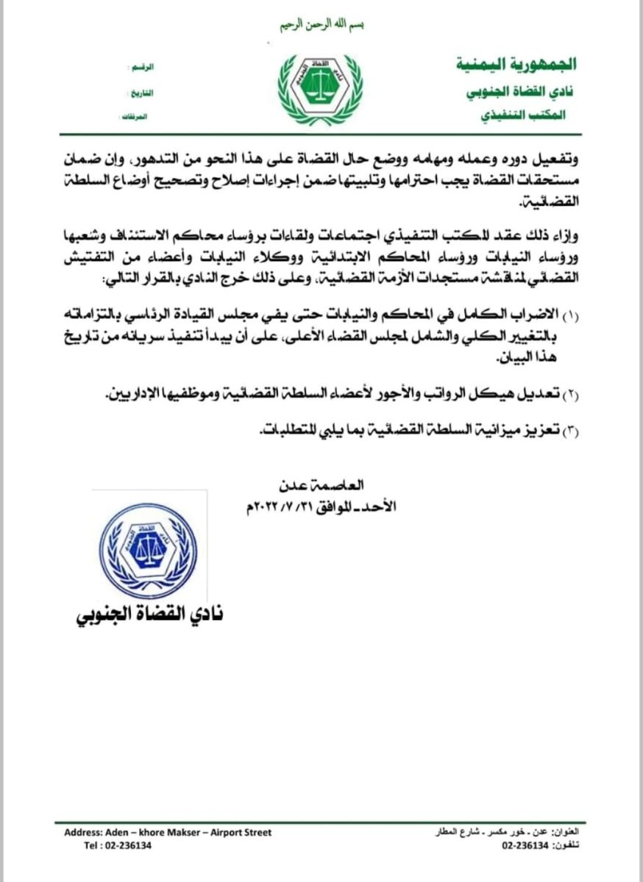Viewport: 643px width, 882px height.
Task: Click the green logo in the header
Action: tap(319, 87)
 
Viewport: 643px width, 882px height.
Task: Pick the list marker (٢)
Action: tap(572, 396)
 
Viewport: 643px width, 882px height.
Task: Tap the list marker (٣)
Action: tap(572, 432)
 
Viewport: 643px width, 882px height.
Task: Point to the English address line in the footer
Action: tap(168, 832)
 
